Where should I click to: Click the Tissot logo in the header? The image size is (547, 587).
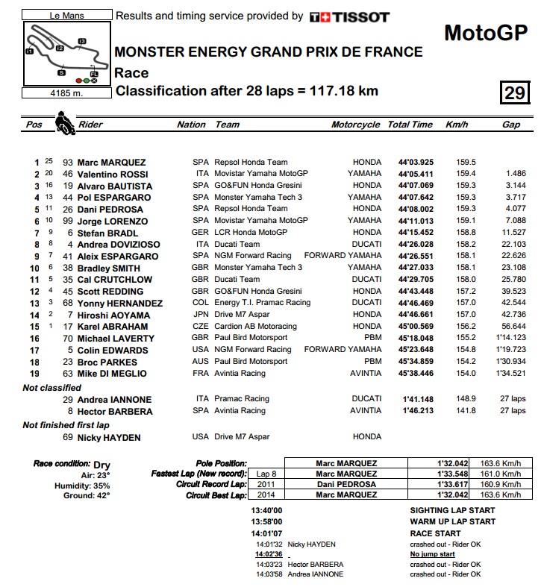pos(349,16)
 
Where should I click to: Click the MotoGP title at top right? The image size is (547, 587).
pos(485,33)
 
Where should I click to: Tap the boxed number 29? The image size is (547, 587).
pos(514,92)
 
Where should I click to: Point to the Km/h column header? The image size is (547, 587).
pos(456,125)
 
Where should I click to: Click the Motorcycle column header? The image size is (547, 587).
pos(356,125)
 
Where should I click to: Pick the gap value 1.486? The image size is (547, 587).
pos(514,174)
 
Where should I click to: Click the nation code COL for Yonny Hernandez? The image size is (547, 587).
pos(201,304)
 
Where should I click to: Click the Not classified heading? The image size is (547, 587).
pos(52,388)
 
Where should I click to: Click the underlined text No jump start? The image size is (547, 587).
pos(433,554)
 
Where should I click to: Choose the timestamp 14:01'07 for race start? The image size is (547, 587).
pos(267,533)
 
